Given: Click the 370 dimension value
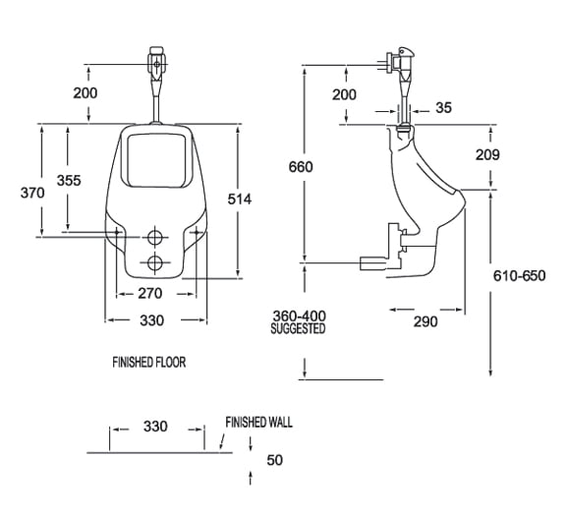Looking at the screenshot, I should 33,194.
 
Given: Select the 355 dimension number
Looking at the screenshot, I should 68,180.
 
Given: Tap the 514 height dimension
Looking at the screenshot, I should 239,199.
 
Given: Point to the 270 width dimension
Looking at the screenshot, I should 149,293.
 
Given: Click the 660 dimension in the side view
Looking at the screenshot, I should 301,167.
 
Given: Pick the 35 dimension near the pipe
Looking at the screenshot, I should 443,108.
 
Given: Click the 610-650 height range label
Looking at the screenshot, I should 518,275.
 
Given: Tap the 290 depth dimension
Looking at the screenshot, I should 425,321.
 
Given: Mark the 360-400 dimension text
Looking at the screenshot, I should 299,315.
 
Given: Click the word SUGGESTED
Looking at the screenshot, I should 298,329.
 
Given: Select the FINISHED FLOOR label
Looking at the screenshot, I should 148,363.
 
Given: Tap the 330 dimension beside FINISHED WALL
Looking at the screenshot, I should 155,427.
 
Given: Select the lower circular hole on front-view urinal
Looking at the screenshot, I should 155,262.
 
